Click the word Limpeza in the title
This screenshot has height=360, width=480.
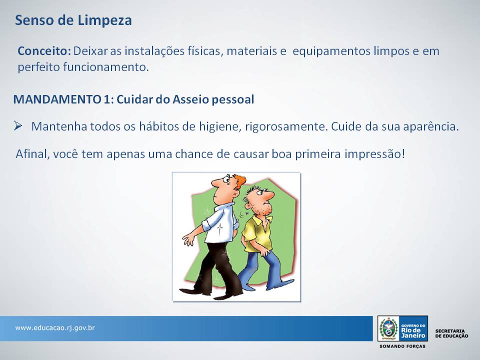pos(104,20)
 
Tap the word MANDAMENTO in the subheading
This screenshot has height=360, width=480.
pos(57,99)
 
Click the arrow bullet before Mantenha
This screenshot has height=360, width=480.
pos(18,126)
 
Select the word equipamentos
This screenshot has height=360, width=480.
pos(331,51)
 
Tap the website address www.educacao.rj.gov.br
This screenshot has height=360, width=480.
pos(55,328)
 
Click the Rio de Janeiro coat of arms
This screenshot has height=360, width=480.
pos(388,328)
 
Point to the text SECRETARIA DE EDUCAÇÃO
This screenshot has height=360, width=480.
pos(451,333)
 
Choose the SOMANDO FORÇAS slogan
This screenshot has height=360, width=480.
pos(402,346)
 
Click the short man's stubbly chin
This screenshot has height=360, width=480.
pos(265,210)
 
